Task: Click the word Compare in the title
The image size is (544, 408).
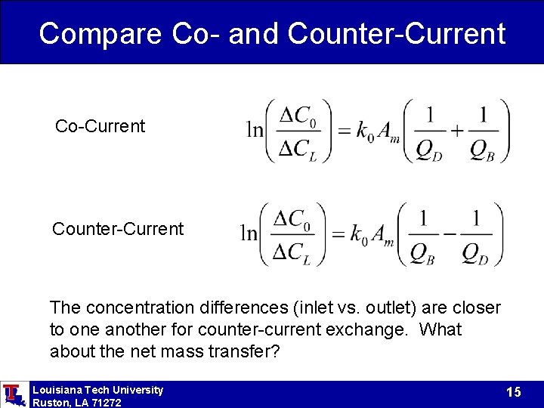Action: pyautogui.click(x=100, y=33)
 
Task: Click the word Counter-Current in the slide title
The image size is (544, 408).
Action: pyautogui.click(x=397, y=33)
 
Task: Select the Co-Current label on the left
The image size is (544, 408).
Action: pyautogui.click(x=100, y=126)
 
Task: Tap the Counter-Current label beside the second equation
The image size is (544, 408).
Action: pyautogui.click(x=118, y=229)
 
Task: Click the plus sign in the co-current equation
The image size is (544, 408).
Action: pyautogui.click(x=457, y=130)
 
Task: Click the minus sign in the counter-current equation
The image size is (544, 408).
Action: pyautogui.click(x=450, y=233)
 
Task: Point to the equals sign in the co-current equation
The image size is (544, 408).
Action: pyautogui.click(x=344, y=131)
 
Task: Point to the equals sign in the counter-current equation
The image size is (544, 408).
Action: pyautogui.click(x=338, y=233)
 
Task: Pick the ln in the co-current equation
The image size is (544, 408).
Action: pyautogui.click(x=255, y=130)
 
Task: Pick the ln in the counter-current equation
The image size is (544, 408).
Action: pyautogui.click(x=249, y=233)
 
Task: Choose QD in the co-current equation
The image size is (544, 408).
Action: pyautogui.click(x=429, y=150)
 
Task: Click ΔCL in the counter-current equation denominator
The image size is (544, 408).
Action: pyautogui.click(x=292, y=253)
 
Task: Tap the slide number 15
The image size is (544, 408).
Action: pyautogui.click(x=514, y=392)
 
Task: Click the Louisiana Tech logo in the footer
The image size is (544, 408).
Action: pyautogui.click(x=13, y=394)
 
